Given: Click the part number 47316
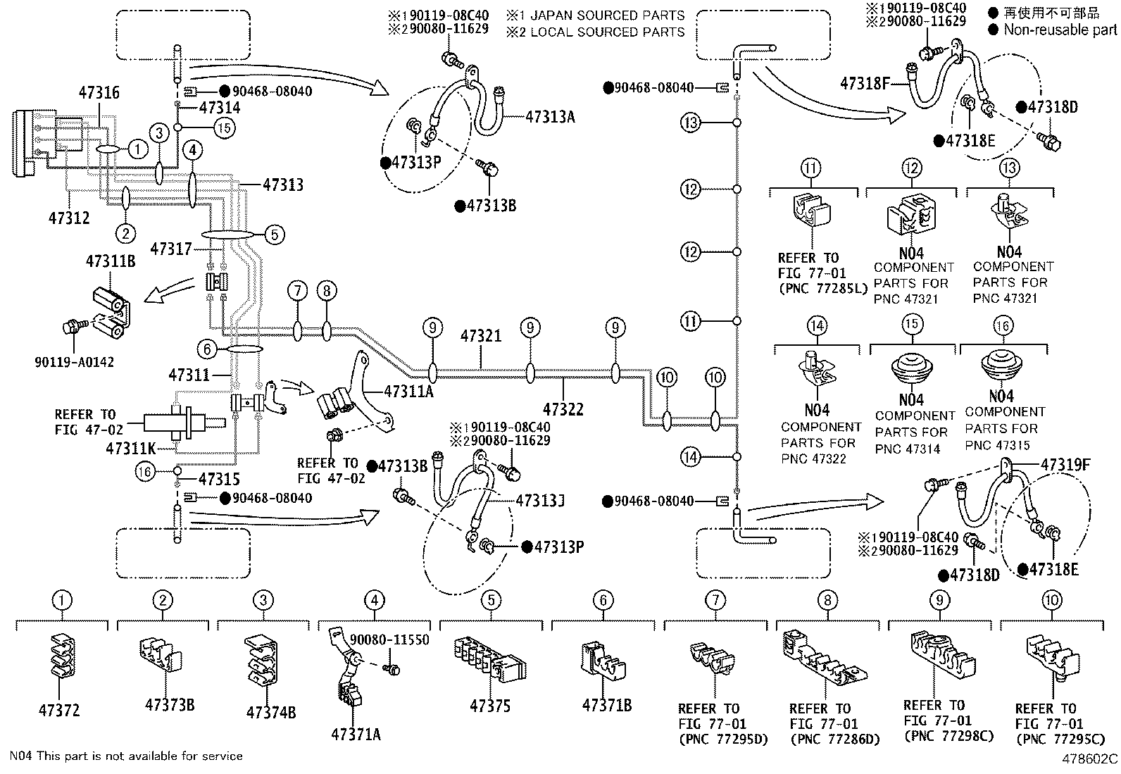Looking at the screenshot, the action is pos(99,93).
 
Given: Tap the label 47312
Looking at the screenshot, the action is pos(69,218).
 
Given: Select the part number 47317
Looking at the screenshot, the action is pos(171,249).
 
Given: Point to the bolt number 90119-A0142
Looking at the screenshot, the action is pos(74,362).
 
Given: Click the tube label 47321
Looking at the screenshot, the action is pos(481,335).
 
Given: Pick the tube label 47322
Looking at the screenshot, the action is pos(563,409).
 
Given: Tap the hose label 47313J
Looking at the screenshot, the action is pos(540,501).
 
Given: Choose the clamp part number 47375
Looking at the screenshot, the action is pos(490,706).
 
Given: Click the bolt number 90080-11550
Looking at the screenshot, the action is pos(389,639).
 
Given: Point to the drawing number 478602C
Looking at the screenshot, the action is pos(1089,759).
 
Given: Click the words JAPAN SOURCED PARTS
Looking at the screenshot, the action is pos(607,15).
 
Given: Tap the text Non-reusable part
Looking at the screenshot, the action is pos(1060,30).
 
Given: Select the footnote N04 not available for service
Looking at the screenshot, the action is pos(126,756).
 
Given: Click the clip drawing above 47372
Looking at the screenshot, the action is pos(63,656).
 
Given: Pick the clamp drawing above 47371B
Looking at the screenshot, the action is pos(602,661).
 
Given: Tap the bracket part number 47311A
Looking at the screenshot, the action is pos(408,392).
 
